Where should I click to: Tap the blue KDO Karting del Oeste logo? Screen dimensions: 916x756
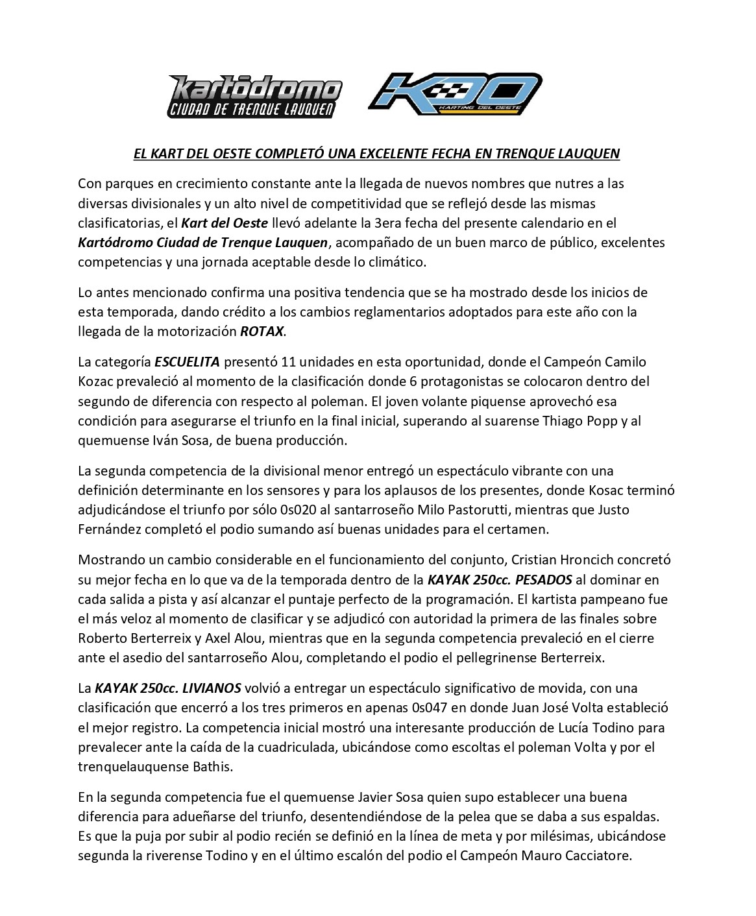(x=455, y=93)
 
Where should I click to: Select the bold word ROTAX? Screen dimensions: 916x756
(x=262, y=331)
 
